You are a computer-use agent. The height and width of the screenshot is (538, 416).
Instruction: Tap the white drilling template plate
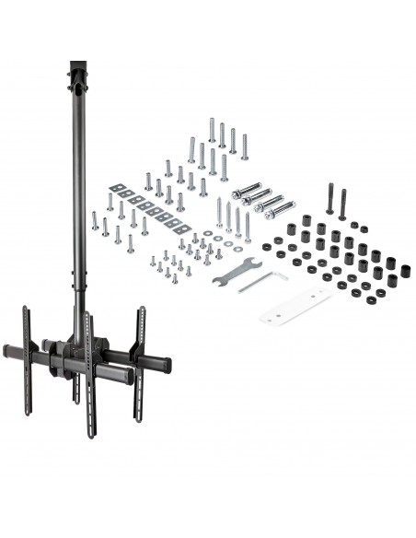coord(295,304)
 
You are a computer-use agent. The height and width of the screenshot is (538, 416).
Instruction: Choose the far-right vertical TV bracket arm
coord(142,359)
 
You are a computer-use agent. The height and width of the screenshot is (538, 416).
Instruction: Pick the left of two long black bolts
coord(329,198)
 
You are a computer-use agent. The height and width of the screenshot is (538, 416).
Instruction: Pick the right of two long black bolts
coord(342,204)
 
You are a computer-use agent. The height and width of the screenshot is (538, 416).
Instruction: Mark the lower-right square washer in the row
coord(184,228)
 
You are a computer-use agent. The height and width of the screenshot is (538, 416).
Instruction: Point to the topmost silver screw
coord(212,130)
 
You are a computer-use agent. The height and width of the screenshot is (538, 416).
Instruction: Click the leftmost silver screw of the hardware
coord(94,220)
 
